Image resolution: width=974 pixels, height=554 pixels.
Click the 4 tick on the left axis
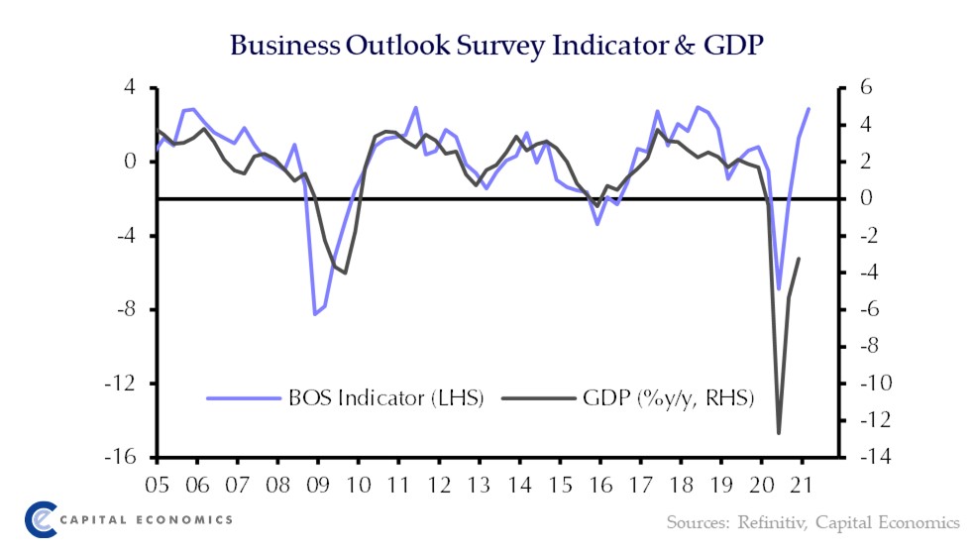(x=139, y=87)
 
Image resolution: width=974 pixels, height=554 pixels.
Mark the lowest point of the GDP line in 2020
(x=779, y=433)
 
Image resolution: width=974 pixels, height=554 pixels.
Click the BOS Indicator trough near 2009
(x=314, y=314)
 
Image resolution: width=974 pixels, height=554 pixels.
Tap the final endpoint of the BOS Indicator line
(x=809, y=109)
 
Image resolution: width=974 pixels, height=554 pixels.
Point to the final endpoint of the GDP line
(x=799, y=259)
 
